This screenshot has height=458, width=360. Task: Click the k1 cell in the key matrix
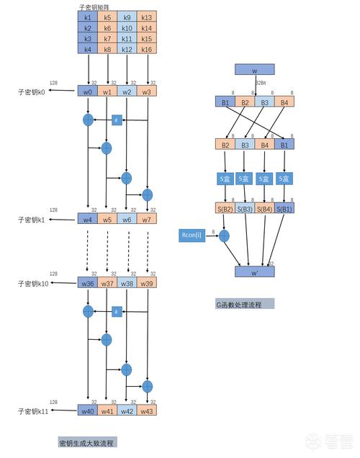pos(88,17)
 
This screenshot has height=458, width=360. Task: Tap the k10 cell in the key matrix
pos(127,27)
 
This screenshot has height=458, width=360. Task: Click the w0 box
pos(88,92)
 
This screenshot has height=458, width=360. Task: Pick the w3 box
pos(147,92)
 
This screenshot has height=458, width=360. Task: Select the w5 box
pos(107,218)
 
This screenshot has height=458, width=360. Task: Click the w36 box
pos(88,284)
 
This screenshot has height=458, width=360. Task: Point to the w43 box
pos(147,410)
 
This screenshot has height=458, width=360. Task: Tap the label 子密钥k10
pos(33,284)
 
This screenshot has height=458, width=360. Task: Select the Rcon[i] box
pos(192,235)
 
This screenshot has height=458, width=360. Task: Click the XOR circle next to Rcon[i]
pos(224,235)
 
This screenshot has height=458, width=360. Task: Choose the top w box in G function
pos(255,70)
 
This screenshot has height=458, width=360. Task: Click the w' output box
pos(255,272)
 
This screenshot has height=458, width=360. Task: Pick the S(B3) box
pos(245,209)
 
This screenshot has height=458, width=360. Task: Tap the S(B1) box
pos(284,209)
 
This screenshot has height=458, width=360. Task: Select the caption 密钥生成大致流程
pos(88,441)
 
